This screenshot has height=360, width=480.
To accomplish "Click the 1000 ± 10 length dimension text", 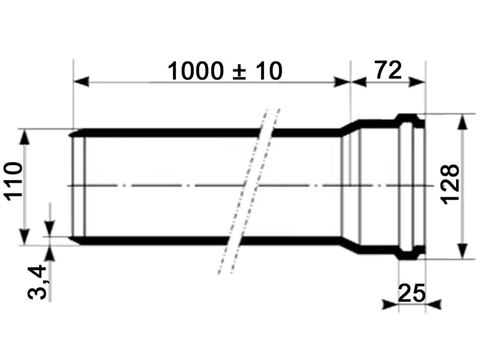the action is point(225,71).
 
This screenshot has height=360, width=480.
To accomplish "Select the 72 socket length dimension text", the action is point(388,70).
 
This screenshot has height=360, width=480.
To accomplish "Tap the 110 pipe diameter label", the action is point(13,181).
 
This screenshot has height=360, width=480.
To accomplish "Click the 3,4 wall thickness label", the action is point(37,283).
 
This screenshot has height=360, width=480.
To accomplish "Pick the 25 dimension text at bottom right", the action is point(412,293).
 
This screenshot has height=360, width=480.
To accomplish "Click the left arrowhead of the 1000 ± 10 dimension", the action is point(81,82).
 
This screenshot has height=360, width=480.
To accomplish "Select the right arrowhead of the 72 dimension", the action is point(417,82).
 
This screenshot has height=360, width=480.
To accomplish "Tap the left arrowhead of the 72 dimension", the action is point(359,82).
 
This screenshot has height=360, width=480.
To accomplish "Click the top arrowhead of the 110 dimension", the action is point(25,137).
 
